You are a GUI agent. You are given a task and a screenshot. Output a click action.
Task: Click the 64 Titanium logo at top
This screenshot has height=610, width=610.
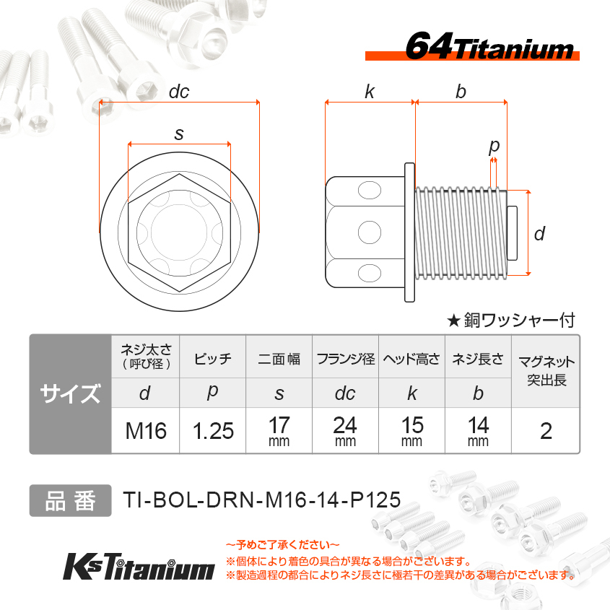[472, 47]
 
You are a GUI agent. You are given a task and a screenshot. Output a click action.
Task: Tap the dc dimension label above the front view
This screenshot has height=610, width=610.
[179, 92]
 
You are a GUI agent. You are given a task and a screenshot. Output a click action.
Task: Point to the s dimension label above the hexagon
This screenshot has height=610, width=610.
[179, 134]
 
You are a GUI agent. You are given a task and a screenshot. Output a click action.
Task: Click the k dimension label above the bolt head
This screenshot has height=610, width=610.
[370, 92]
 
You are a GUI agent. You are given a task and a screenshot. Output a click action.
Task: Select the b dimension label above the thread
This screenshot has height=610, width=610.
[461, 92]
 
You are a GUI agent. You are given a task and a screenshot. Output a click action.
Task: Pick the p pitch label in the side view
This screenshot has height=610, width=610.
[494, 147]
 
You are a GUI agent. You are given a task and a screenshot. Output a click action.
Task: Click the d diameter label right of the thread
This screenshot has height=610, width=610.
[539, 233]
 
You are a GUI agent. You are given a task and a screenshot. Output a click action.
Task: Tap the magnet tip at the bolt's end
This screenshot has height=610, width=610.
[512, 232]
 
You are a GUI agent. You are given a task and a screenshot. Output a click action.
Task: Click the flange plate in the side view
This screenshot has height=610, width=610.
[409, 232]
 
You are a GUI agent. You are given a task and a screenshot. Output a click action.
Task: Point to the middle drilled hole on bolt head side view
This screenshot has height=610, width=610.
[369, 232]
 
